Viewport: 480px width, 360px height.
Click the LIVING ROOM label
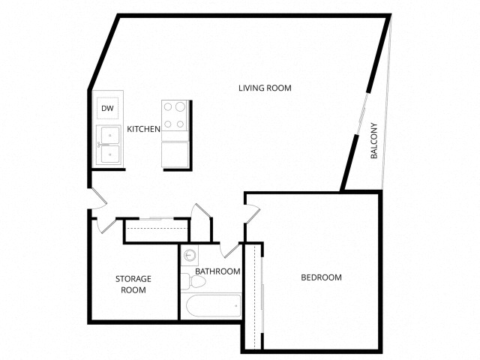(x=265, y=88)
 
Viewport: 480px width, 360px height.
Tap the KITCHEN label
(x=143, y=129)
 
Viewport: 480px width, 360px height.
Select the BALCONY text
(x=373, y=140)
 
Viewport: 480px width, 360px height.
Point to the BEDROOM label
(x=321, y=277)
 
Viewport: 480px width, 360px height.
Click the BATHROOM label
(x=217, y=271)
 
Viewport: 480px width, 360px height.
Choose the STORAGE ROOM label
(x=133, y=284)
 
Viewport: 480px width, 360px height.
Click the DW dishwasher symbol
(x=107, y=108)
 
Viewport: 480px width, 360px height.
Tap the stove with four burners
(x=175, y=115)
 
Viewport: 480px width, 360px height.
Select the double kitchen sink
(x=108, y=145)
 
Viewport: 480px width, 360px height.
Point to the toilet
(x=193, y=282)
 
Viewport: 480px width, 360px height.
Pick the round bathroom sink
(x=190, y=255)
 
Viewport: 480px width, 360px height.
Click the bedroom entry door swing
(x=252, y=212)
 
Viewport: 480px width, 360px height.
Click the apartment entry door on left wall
(x=98, y=199)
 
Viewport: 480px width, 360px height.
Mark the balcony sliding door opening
(x=361, y=113)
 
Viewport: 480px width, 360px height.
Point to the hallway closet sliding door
(x=157, y=218)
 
